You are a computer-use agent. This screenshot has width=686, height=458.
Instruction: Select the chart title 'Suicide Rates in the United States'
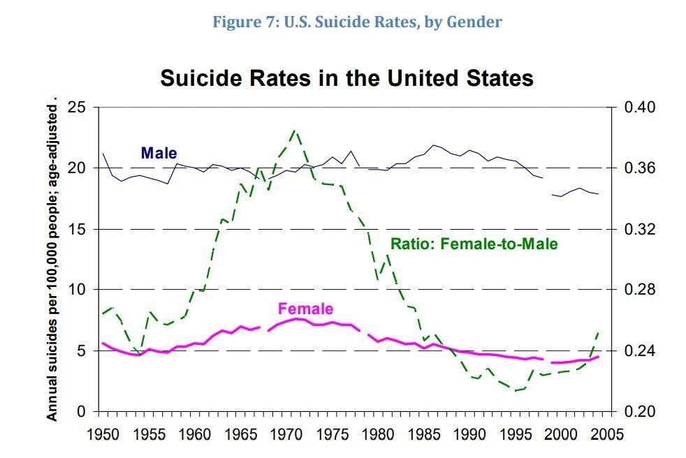(x=346, y=77)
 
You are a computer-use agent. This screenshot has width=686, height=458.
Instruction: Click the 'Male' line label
(x=159, y=153)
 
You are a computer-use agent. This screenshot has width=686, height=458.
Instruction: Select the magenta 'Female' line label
(x=305, y=309)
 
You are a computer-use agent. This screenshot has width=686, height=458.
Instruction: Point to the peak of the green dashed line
(x=295, y=131)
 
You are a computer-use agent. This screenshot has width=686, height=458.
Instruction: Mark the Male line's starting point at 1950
(x=103, y=154)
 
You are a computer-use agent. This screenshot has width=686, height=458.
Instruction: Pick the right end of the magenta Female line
(x=598, y=357)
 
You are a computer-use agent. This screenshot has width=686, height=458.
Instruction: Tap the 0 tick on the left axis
(x=82, y=411)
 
